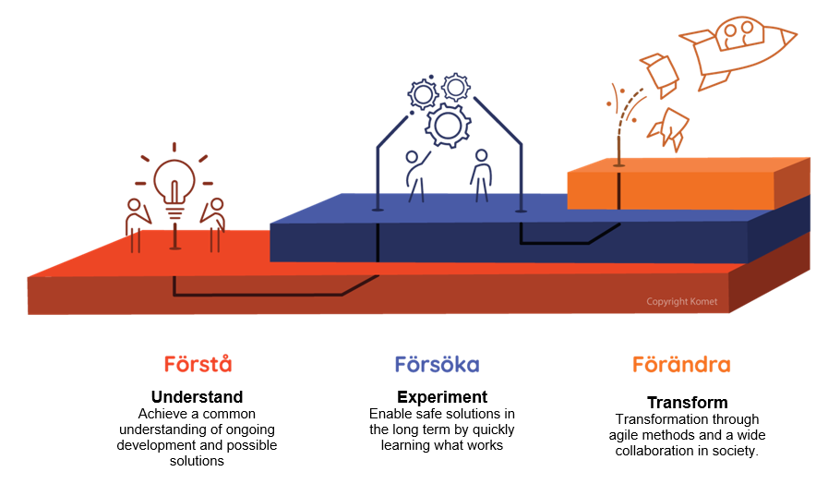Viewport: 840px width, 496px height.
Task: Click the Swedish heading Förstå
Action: [198, 364]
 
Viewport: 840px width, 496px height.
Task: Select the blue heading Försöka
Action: [438, 365]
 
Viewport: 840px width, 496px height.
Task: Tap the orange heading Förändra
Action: [681, 365]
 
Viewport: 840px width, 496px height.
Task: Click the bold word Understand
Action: [198, 397]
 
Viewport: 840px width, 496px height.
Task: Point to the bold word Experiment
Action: [442, 397]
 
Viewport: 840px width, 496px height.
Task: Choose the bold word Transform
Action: [688, 402]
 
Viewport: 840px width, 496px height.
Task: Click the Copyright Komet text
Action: [681, 301]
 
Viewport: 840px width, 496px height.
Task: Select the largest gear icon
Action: [449, 126]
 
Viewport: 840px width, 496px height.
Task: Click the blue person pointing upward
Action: [417, 176]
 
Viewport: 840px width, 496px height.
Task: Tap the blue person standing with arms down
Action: [481, 175]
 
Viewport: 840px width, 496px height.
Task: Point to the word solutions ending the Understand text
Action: [197, 461]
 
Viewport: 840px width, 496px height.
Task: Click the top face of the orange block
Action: [689, 165]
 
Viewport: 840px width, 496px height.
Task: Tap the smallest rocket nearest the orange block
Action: [668, 128]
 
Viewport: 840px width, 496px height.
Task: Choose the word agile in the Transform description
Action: [622, 435]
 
